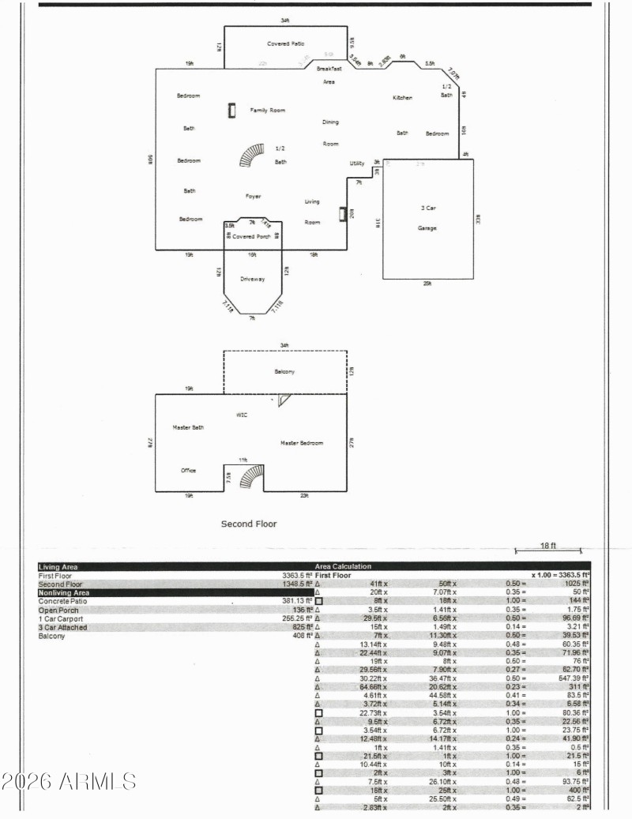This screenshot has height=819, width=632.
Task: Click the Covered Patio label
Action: pyautogui.click(x=285, y=43)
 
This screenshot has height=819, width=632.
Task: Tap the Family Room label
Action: pyautogui.click(x=268, y=111)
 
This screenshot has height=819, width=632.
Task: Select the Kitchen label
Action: pyautogui.click(x=403, y=97)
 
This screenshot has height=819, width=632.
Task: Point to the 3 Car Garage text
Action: pyautogui.click(x=427, y=218)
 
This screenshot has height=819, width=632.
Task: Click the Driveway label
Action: pyautogui.click(x=252, y=279)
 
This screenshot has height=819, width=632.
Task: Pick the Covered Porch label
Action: pyautogui.click(x=251, y=236)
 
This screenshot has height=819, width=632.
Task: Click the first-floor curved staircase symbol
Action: pyautogui.click(x=253, y=155)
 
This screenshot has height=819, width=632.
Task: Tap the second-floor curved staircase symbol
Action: pyautogui.click(x=253, y=477)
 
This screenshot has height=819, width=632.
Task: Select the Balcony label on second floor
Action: pyautogui.click(x=284, y=371)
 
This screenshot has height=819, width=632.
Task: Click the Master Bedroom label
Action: pyautogui.click(x=302, y=443)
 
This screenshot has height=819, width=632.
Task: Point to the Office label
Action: pyautogui.click(x=188, y=471)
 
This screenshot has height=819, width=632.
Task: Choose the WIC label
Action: pyautogui.click(x=243, y=414)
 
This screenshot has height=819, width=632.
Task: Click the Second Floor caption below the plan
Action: pyautogui.click(x=249, y=524)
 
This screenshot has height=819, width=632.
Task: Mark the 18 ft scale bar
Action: pyautogui.click(x=548, y=550)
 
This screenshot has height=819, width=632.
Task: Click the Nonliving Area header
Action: pyautogui.click(x=64, y=592)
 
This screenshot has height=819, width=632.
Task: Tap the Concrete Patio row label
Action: pyautogui.click(x=63, y=601)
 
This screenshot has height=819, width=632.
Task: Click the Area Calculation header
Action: pyautogui.click(x=343, y=566)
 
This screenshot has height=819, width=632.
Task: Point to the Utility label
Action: pyautogui.click(x=357, y=163)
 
